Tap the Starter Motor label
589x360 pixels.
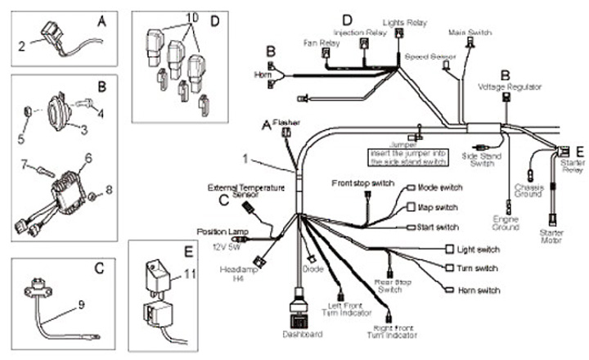[x=552, y=238]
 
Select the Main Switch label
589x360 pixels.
[x=470, y=32]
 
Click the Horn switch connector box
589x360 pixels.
[x=449, y=290]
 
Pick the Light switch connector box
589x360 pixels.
[x=449, y=248]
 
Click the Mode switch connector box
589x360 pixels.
[x=411, y=187]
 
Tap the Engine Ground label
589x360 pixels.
[x=505, y=223]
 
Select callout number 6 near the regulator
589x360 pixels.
[x=88, y=156]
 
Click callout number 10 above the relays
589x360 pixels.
[x=191, y=18]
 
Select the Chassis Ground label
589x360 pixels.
[x=530, y=192]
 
